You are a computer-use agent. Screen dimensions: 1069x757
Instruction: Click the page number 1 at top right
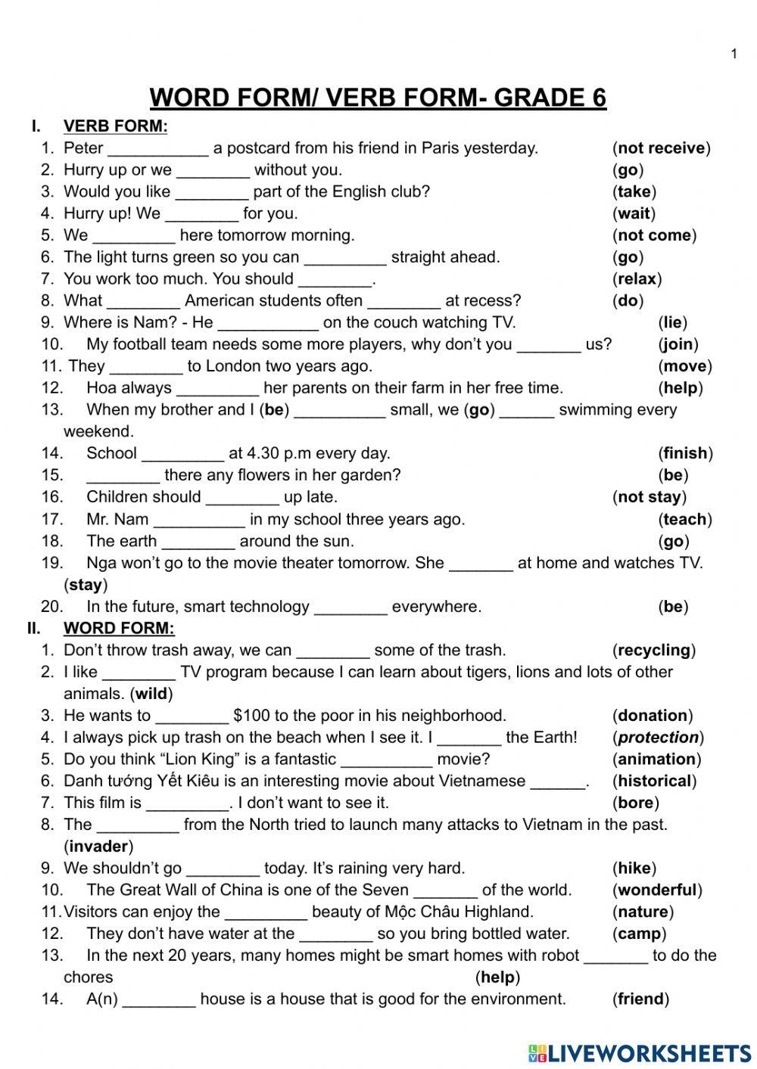click(734, 54)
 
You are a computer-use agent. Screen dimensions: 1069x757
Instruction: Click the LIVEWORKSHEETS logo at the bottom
click(640, 1052)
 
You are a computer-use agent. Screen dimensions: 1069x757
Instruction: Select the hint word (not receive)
click(661, 148)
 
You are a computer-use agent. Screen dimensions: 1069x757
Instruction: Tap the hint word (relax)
click(637, 279)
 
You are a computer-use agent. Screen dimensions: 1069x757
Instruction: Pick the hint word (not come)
click(654, 235)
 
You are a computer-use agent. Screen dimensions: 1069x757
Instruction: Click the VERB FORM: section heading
click(115, 126)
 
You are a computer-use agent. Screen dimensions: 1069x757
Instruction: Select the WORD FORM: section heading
click(119, 629)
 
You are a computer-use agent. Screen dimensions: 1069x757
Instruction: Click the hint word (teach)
click(685, 520)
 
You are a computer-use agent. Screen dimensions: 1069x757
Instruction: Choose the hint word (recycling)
click(653, 651)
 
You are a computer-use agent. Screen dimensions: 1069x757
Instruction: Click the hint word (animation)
click(656, 760)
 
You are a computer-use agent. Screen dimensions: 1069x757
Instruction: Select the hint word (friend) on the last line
click(640, 999)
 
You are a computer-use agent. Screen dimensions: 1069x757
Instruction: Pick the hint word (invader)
click(98, 847)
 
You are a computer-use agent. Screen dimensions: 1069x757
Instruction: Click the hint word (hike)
click(634, 869)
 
